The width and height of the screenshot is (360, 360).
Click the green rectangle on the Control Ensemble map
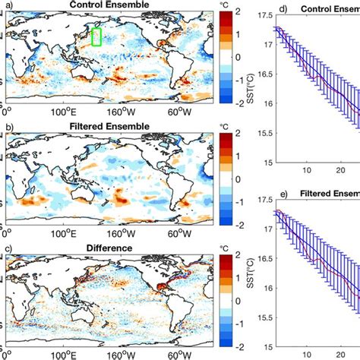[96, 36]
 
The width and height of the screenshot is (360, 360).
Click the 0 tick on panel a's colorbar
[236, 57]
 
